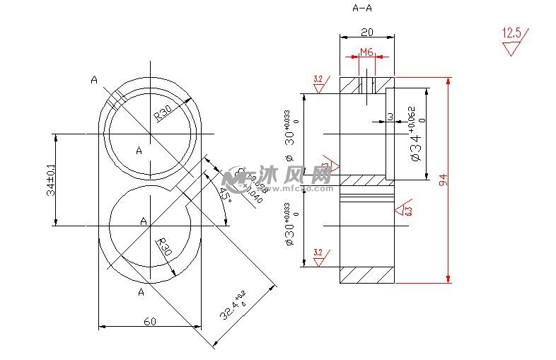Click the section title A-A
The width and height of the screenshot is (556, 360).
(x=363, y=8)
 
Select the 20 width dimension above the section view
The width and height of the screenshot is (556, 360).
(x=367, y=32)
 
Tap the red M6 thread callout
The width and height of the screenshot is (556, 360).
(x=366, y=52)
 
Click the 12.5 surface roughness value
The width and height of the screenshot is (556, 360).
(x=511, y=33)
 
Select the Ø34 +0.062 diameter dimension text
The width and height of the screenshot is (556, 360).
(x=417, y=134)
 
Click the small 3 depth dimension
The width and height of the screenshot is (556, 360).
(x=390, y=117)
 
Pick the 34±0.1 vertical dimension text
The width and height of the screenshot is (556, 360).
(x=50, y=180)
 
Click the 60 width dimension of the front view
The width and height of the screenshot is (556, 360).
(x=150, y=321)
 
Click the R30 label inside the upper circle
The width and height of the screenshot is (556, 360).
(x=163, y=112)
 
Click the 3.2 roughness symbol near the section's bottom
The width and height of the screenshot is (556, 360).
(x=318, y=256)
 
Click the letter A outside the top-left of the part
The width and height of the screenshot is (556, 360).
(x=94, y=80)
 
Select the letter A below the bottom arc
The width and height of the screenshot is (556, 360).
(x=141, y=291)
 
